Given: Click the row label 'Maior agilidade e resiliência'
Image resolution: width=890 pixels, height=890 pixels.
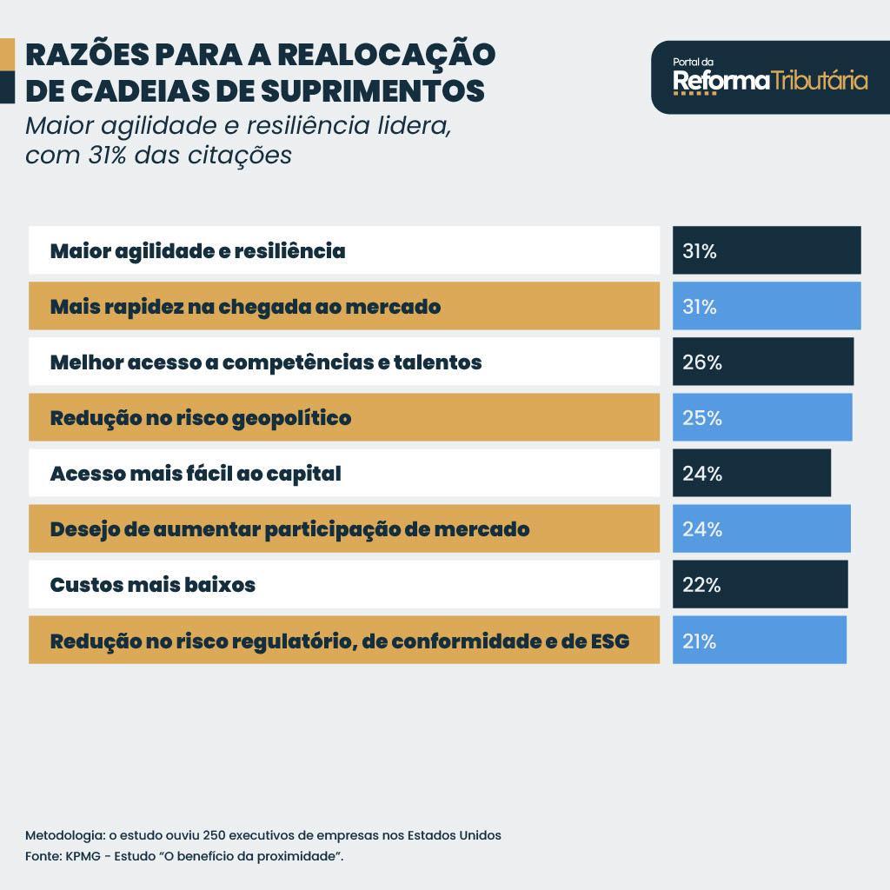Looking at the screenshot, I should [x=197, y=251].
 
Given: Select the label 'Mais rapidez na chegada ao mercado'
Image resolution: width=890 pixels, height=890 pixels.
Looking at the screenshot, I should [x=245, y=307].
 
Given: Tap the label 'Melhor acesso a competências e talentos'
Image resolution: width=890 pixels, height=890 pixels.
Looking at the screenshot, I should [x=265, y=362].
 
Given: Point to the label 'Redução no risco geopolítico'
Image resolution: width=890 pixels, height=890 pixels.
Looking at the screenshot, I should [x=200, y=418].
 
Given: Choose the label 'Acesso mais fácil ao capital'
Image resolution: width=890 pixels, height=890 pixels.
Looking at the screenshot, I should [x=195, y=474].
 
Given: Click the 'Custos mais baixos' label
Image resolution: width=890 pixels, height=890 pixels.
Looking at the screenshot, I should [x=152, y=585].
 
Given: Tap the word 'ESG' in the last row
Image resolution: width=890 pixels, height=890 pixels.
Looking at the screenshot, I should [x=609, y=641].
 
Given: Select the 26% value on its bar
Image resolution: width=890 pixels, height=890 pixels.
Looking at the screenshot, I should [x=701, y=362].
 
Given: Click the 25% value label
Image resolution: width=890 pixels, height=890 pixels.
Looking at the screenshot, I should [x=701, y=418].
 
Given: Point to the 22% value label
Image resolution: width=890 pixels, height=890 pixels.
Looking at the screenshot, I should [x=701, y=585].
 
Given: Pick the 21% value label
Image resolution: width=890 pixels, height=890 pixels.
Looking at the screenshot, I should [x=699, y=641].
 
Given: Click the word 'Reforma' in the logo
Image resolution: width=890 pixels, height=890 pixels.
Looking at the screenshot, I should [x=721, y=82].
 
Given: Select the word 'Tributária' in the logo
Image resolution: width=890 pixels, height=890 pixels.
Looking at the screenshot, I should [x=820, y=82].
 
